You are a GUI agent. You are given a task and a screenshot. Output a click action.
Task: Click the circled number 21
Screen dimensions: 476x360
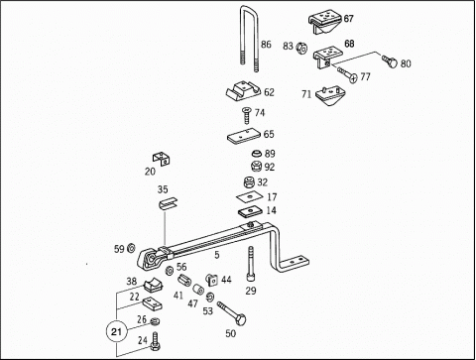[x=116, y=331]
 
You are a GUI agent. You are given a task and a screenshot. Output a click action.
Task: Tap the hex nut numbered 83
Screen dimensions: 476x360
[x=301, y=48]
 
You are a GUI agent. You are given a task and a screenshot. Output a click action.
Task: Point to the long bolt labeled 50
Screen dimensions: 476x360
[x=232, y=313]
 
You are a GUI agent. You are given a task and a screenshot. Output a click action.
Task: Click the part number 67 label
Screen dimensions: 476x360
[x=348, y=19]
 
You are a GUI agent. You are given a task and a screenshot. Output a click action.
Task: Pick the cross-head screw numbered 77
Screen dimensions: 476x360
[x=347, y=74]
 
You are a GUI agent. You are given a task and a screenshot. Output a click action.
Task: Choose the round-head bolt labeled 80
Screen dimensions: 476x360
[x=390, y=61]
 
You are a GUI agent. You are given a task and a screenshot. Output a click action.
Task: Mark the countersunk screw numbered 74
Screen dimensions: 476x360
[x=247, y=115]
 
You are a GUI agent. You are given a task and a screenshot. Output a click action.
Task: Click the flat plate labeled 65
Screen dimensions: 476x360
[x=244, y=137]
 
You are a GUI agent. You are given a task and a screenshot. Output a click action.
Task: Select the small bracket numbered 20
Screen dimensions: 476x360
[x=162, y=158]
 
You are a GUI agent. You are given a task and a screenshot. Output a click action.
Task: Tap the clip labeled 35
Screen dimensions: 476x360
[x=168, y=203]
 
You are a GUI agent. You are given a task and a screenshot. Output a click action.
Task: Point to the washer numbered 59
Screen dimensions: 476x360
[x=131, y=248]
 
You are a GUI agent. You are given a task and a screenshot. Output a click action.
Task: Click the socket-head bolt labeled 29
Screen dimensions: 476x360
[x=251, y=264]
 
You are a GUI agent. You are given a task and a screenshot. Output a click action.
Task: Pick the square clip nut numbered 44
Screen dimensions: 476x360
[x=212, y=280]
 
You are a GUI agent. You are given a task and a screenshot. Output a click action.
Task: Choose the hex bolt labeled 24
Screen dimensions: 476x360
[x=155, y=342]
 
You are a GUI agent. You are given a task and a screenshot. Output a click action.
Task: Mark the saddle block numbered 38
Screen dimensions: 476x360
[x=154, y=286]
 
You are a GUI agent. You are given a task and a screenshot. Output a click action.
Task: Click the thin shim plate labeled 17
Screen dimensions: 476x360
[x=250, y=197]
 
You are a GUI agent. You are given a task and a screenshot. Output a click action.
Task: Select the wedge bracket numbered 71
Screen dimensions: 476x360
[x=330, y=95]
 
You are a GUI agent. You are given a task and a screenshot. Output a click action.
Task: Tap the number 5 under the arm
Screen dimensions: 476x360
[x=217, y=255]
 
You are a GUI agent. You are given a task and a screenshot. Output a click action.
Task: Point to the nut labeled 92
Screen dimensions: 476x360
[x=257, y=166]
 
